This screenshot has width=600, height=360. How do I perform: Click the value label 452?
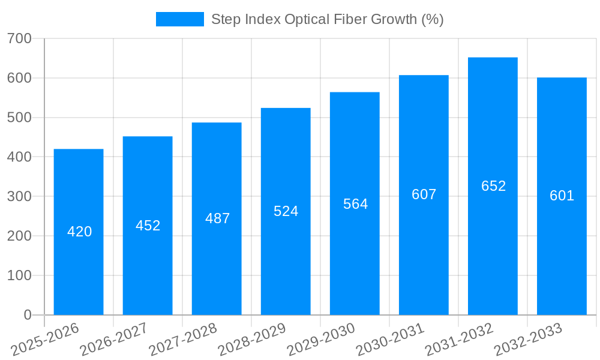pyautogui.click(x=148, y=226)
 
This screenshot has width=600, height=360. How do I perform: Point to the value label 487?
pyautogui.click(x=217, y=218)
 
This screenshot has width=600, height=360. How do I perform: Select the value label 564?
pyautogui.click(x=355, y=204)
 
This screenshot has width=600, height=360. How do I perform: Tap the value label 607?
pyautogui.click(x=424, y=194)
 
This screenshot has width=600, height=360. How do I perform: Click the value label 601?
pyautogui.click(x=562, y=196)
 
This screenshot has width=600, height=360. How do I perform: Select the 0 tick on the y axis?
pyautogui.click(x=28, y=315)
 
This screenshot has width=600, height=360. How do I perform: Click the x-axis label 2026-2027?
pyautogui.click(x=114, y=339)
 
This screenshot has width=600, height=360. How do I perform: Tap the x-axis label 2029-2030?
pyautogui.click(x=321, y=339)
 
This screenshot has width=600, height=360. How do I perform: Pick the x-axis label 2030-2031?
pyautogui.click(x=390, y=339)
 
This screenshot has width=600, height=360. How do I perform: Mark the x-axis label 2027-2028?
pyautogui.click(x=183, y=339)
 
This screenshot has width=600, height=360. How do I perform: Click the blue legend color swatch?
pyautogui.click(x=179, y=19)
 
